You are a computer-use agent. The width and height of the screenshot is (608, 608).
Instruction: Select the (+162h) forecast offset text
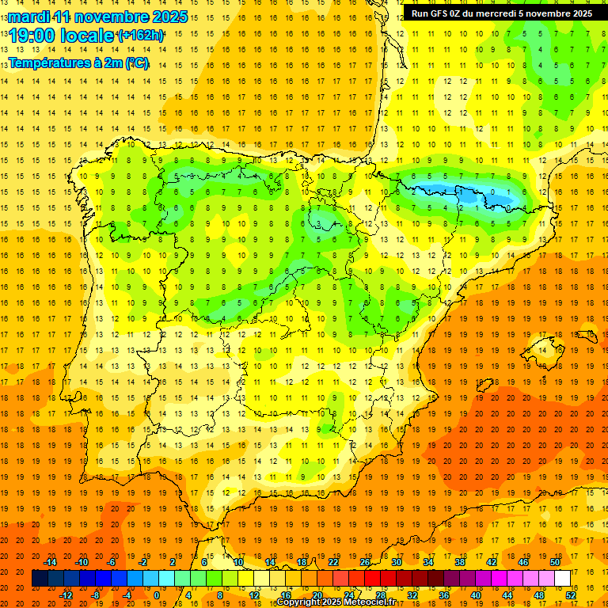(140, 36)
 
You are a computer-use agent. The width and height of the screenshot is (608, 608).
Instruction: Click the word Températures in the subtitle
(48, 63)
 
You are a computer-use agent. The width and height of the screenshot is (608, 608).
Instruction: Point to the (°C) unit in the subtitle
(136, 63)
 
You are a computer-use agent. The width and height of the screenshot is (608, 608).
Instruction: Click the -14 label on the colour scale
(50, 562)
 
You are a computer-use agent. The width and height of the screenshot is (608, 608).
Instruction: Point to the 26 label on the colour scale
(365, 562)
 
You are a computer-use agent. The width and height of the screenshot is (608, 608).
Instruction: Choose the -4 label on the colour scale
(127, 595)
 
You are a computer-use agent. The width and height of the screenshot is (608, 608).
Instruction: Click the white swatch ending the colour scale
(563, 579)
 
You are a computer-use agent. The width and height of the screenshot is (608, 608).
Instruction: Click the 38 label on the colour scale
(460, 562)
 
